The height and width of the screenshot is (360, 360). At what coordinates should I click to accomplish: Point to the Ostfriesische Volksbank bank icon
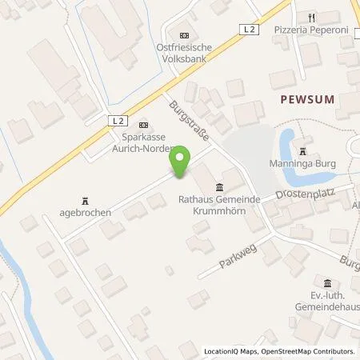click(x=185, y=34)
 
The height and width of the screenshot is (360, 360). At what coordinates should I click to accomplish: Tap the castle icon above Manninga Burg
click(x=303, y=150)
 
